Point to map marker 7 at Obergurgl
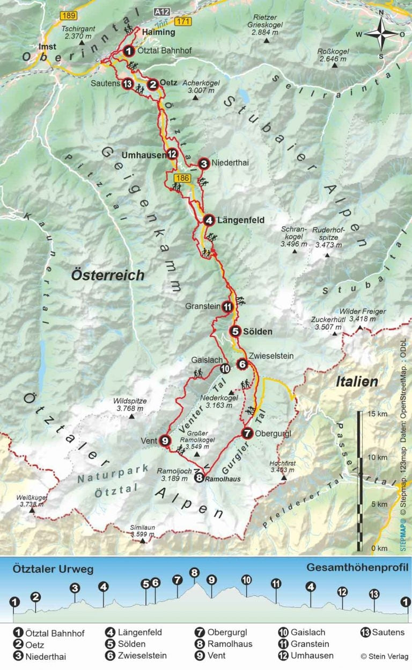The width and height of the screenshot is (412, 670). coord(247,433)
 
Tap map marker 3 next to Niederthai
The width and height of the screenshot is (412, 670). coord(203,163)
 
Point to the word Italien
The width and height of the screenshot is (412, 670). coord(357,382)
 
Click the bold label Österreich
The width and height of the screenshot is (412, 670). coord(108,275)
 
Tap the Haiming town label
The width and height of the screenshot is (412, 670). coord(159,32)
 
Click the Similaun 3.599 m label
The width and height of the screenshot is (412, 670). coord(142,531)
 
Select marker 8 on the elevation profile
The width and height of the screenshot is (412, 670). coord(194,573)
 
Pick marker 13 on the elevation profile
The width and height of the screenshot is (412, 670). coord(374,594)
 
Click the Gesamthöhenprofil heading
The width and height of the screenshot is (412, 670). coord(358,568)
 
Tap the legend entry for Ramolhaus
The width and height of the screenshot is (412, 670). coord(223,644)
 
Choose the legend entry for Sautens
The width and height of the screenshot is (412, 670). coord(381,632)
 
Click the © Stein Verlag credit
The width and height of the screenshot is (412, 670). coord(384,656)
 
